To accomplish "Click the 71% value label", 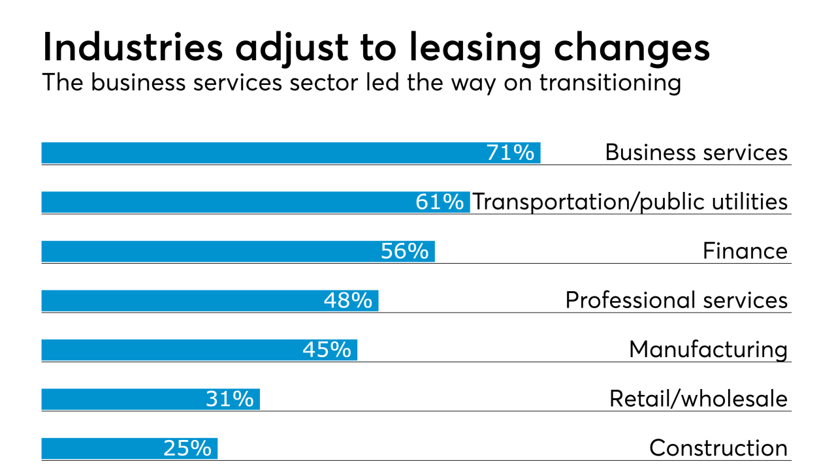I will pos(511,153).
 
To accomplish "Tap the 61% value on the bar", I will pos(440,202).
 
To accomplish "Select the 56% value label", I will pos(405,251).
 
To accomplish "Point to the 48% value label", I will pos(348,300).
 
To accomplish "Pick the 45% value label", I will pos(327,350).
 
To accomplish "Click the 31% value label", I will pos(230,399).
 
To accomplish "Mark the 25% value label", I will pos(187,448).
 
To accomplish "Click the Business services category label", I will pos(696,153).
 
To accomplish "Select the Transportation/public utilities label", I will pos(630,202).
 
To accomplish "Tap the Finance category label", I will pos(745,251).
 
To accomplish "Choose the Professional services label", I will pos(677,300).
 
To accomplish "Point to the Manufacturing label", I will pos(708,350).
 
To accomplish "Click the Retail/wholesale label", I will pos(698,399).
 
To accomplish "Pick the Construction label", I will pos(718,448).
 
